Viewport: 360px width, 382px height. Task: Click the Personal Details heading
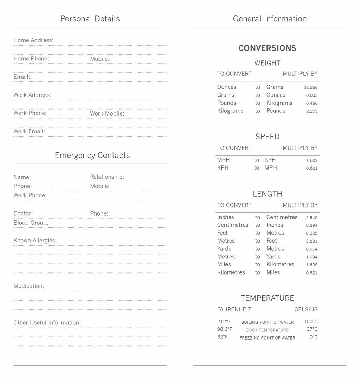[x=90, y=19]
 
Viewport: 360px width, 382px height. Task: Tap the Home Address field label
[x=33, y=40]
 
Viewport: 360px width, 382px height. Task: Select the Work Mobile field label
[x=107, y=113]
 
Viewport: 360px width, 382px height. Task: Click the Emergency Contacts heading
[x=92, y=156]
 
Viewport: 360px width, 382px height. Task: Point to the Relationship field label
[x=107, y=177]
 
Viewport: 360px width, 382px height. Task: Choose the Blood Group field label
[x=31, y=223]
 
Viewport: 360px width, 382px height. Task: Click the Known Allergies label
[x=35, y=241]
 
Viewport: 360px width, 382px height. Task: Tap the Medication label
[x=29, y=286]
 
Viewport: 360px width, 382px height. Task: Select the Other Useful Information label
[x=47, y=323]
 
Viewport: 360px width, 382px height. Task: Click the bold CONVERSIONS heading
[x=267, y=48]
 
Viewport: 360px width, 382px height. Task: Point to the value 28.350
[x=310, y=87]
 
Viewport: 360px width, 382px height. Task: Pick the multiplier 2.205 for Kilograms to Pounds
[x=311, y=111]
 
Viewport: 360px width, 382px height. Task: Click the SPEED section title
[x=267, y=137]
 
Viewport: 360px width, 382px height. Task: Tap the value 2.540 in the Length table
[x=311, y=218]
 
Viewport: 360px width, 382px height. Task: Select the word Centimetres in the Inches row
[x=282, y=217]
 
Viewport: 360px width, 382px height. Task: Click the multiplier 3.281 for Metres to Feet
[x=311, y=241]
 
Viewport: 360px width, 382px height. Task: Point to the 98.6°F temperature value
[x=225, y=329]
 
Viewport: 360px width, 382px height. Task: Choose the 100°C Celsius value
[x=310, y=322]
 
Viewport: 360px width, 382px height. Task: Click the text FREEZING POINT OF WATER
[x=267, y=338]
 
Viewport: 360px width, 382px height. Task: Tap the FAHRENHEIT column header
[x=234, y=310]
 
